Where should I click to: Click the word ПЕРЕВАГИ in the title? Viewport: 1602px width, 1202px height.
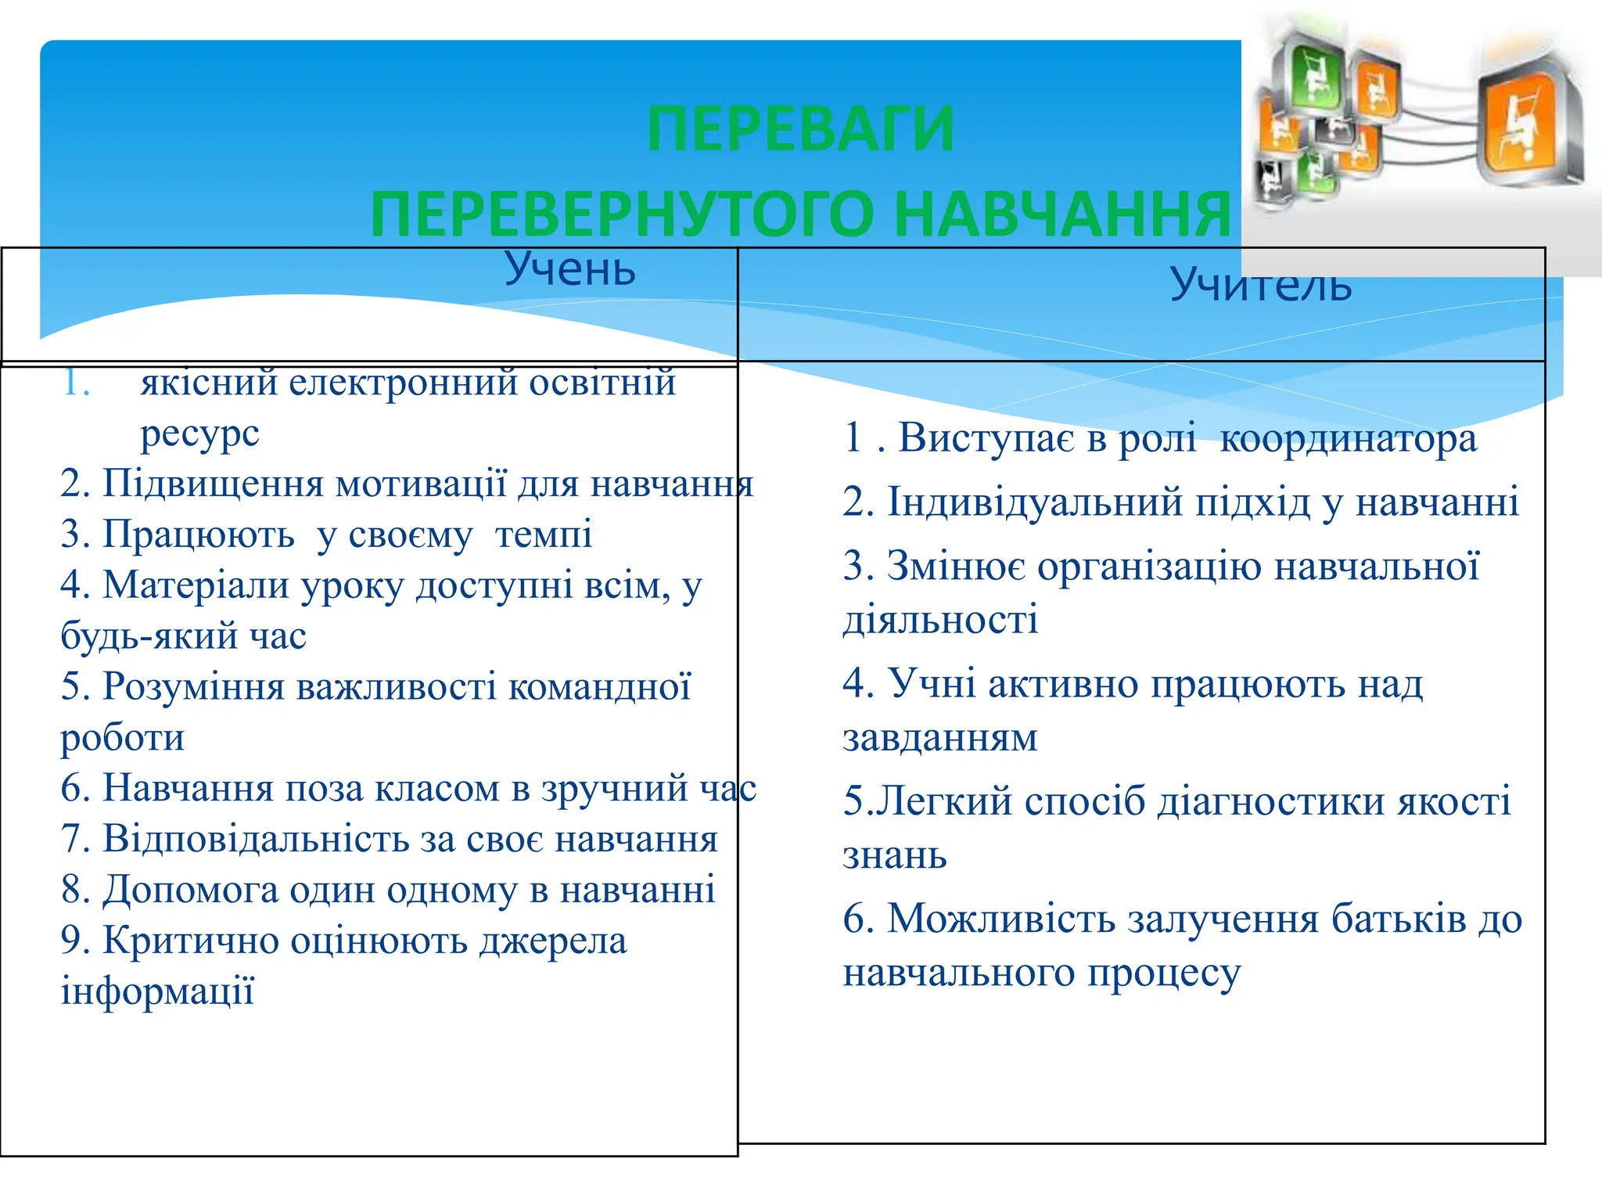[x=800, y=130]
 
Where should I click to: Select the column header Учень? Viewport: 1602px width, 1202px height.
[x=569, y=270]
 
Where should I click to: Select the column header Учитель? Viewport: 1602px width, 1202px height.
[x=1260, y=285]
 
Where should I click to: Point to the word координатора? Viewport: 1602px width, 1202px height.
[x=1348, y=438]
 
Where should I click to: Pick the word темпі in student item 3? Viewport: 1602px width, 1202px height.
[x=544, y=534]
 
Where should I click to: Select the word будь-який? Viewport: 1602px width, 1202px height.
[x=149, y=635]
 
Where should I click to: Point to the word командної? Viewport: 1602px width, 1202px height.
[x=599, y=686]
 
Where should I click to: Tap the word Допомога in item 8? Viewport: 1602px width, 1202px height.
[x=190, y=890]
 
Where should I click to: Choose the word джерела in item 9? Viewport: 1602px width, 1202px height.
[x=553, y=941]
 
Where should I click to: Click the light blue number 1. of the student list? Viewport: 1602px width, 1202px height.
[x=76, y=383]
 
